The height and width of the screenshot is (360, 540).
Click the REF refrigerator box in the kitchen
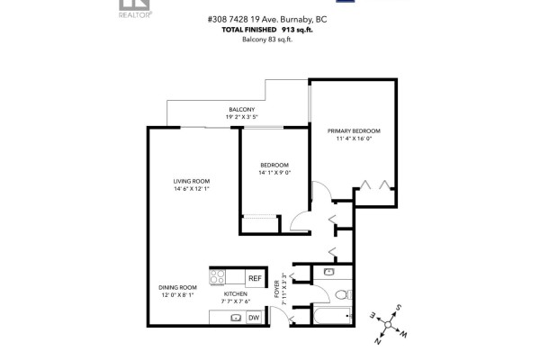tap(255, 278)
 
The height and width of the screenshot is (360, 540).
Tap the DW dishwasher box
tap(254, 318)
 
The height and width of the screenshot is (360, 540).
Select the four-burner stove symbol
tap(218, 277)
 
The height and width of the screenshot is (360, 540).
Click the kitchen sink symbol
tap(236, 318)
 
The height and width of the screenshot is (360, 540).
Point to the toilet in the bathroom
tap(343, 294)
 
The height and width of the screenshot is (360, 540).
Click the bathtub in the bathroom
tap(332, 316)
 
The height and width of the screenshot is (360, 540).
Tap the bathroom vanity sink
tap(329, 272)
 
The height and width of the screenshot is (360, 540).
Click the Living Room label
tap(192, 181)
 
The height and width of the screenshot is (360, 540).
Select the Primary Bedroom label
tap(354, 130)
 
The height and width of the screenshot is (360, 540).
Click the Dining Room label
tap(177, 287)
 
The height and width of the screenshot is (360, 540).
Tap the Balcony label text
tap(242, 109)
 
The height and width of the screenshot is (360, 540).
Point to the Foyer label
tap(277, 289)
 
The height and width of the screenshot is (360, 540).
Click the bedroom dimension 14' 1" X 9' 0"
tap(274, 173)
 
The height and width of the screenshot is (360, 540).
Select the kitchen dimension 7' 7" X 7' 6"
tap(236, 301)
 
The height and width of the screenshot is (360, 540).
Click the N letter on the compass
tap(377, 341)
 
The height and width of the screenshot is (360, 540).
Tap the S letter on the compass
tap(399, 307)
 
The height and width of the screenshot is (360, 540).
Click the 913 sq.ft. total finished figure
tap(297, 30)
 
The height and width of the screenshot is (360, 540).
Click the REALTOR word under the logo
tap(134, 14)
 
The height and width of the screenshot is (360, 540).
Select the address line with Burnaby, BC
tap(267, 19)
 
